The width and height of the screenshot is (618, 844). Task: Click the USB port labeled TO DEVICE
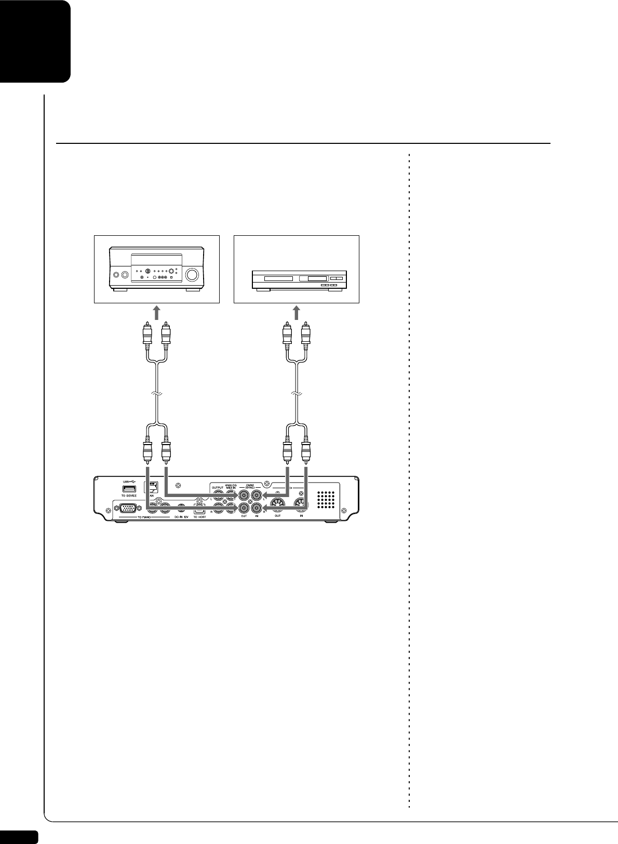point(129,488)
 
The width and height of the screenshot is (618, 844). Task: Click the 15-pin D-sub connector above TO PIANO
point(128,510)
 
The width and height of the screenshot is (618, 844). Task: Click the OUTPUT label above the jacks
point(218,487)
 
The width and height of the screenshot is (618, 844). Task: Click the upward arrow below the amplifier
point(156,313)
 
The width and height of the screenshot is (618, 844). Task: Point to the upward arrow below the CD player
point(297,313)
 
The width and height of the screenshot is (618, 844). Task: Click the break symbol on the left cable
point(156,395)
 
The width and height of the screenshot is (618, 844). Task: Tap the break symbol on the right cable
point(297,395)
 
